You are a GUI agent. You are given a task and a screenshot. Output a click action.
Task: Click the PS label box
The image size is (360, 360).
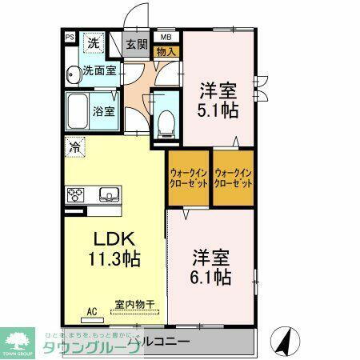(x=69, y=37)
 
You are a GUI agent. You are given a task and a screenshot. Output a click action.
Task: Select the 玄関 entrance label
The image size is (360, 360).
(x=137, y=45)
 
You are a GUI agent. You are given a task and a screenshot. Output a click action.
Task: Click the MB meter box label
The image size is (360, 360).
(x=166, y=37)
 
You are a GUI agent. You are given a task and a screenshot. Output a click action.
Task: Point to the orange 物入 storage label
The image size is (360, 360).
(x=166, y=50)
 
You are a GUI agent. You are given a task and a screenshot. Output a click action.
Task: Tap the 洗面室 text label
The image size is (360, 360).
(x=101, y=70)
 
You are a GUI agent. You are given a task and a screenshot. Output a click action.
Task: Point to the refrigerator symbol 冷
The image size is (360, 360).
(x=74, y=147)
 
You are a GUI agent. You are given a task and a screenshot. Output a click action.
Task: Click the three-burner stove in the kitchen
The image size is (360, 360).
(x=77, y=194)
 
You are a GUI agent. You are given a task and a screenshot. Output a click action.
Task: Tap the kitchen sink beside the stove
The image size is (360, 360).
(x=107, y=194)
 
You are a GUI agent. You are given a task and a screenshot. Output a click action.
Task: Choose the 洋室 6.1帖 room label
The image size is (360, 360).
(x=211, y=268)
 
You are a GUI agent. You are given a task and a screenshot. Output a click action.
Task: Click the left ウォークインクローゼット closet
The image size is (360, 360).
(x=188, y=177)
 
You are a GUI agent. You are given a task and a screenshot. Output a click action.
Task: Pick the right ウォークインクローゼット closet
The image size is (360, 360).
(x=234, y=177)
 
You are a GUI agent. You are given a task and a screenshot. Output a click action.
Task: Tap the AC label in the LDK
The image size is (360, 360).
(x=90, y=312)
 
